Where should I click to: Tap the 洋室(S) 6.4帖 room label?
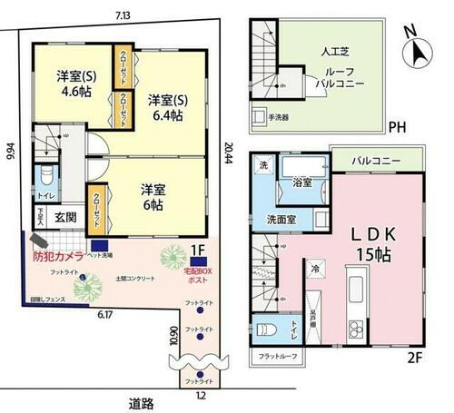[x=166, y=107]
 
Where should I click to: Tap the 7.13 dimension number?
[x=122, y=15]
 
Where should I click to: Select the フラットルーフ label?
[x=276, y=356]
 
